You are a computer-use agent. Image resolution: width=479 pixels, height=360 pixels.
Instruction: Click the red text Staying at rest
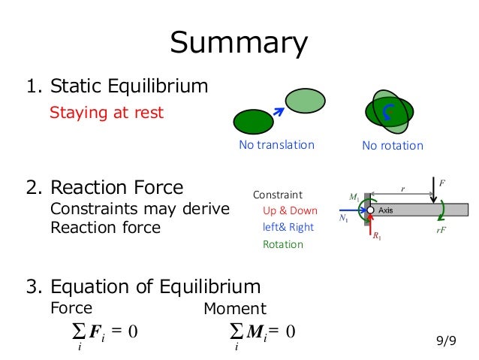click(106, 113)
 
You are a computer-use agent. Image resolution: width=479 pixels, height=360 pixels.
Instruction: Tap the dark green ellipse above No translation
click(254, 120)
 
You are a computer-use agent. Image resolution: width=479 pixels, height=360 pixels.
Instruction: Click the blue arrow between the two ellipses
click(279, 112)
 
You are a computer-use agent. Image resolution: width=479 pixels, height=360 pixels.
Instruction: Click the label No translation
click(276, 145)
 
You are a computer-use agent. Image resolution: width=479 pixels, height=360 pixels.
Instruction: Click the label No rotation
click(392, 146)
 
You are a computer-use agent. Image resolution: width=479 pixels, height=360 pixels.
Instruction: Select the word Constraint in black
click(277, 194)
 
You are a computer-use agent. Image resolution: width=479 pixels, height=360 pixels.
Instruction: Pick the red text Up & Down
click(290, 210)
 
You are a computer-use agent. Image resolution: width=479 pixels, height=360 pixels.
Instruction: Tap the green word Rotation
click(283, 244)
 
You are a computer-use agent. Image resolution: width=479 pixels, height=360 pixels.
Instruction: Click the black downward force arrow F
click(434, 190)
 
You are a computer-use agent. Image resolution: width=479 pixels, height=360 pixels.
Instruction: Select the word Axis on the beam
click(386, 209)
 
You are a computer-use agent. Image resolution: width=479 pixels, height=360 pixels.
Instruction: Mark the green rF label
click(441, 231)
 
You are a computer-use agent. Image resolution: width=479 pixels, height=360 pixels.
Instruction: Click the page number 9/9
click(446, 340)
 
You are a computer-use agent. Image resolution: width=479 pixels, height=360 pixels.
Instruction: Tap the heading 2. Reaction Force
click(104, 187)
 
